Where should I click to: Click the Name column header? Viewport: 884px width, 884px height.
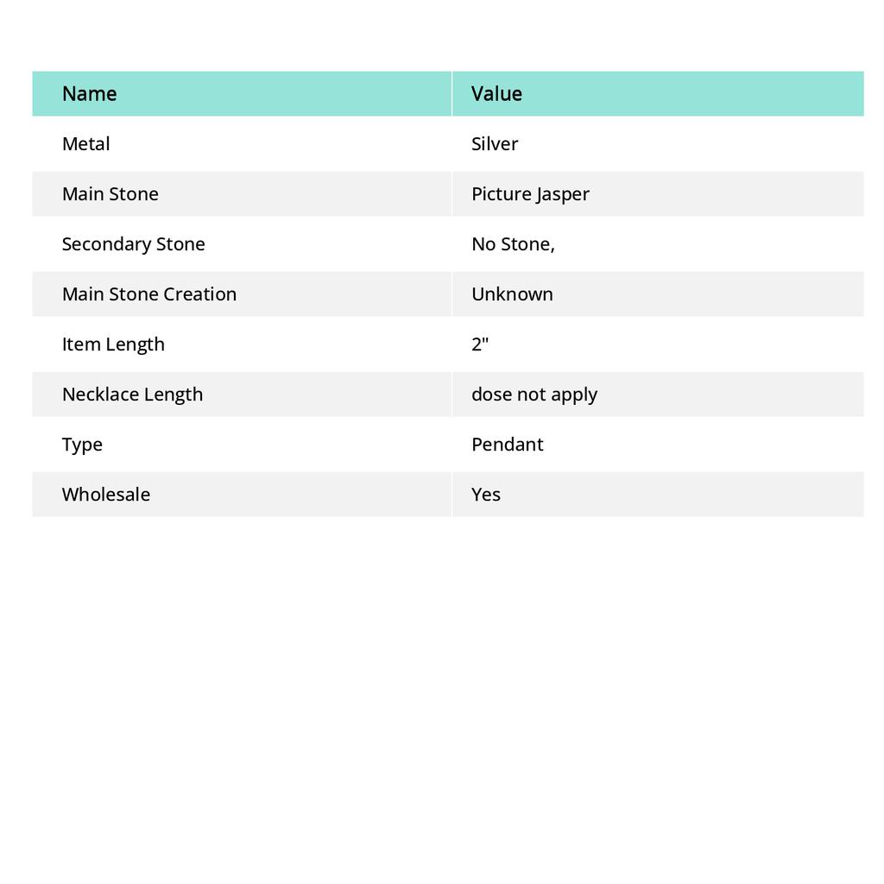89,94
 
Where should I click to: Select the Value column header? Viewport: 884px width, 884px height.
496,94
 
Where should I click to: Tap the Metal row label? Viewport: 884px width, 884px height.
85,144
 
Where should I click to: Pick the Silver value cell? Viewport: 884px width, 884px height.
495,144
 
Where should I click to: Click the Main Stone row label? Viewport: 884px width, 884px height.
110,194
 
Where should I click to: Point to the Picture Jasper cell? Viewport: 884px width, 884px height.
530,194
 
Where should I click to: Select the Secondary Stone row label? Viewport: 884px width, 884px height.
133,244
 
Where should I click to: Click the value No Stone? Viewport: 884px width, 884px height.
513,244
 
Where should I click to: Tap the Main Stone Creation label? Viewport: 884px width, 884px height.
148,294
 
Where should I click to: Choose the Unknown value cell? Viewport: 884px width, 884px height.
512,294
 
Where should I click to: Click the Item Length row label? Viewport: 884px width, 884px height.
113,344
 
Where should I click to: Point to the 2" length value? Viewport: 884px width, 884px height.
480,344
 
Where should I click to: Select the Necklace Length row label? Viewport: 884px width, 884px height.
132,395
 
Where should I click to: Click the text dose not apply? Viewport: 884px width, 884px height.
534,395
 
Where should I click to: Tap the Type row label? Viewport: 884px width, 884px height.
82,445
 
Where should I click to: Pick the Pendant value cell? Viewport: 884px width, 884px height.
507,445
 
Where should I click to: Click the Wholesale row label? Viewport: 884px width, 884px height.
105,495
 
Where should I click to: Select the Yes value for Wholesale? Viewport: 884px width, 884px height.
486,495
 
